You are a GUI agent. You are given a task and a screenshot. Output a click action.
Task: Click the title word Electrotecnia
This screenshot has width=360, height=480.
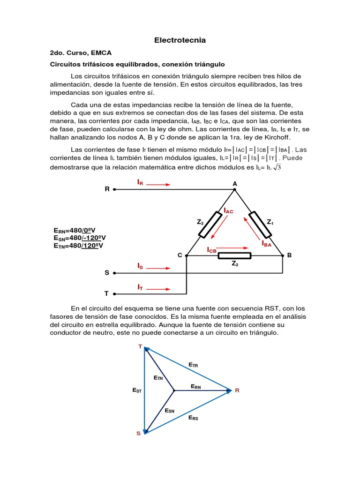[180, 40]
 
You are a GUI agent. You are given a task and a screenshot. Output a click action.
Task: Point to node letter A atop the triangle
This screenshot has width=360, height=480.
[235, 184]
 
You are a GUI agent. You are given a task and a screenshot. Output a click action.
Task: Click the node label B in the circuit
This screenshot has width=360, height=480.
[289, 255]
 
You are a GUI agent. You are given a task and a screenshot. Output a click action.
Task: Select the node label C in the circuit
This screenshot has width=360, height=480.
[180, 255]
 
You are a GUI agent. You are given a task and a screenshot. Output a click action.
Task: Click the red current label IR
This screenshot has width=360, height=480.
[140, 182]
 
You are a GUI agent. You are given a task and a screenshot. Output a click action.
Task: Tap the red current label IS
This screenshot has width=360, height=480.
[140, 266]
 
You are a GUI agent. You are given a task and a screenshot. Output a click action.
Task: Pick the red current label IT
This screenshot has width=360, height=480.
[140, 286]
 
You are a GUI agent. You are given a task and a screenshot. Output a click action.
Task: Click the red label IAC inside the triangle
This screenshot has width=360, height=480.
[228, 211]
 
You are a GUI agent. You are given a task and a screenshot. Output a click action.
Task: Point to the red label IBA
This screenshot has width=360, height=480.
[266, 244]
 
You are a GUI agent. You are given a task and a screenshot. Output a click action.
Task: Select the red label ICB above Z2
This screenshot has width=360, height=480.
[212, 250]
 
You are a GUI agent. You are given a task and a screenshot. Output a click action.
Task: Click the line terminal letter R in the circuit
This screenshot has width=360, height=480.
[107, 189]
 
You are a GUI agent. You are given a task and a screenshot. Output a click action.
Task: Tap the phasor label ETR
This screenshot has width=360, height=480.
[193, 364]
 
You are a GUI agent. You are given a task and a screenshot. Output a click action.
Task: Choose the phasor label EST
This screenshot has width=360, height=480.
[137, 390]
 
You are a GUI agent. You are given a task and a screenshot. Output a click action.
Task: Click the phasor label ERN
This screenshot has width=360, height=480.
[196, 386]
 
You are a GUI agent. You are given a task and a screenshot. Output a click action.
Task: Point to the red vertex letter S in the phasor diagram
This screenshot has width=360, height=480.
[138, 434]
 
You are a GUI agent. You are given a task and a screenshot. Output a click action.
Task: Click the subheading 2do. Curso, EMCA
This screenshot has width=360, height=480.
[81, 53]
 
